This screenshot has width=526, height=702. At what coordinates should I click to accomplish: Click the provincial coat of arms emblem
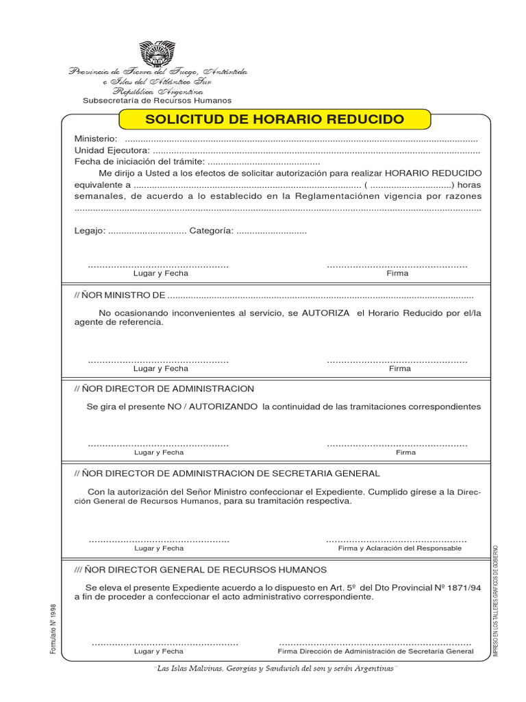tap(158, 53)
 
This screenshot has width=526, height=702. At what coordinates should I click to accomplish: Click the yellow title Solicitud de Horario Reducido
tap(275, 119)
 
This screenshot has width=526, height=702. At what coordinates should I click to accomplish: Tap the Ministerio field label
tap(95, 139)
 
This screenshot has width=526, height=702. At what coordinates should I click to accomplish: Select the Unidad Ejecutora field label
tap(111, 150)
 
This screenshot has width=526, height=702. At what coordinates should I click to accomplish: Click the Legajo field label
tap(89, 231)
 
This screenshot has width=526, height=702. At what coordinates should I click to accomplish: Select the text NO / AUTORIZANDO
tap(212, 407)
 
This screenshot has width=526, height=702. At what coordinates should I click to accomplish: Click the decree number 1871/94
tap(465, 588)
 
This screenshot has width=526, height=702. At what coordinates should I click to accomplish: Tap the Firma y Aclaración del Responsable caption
tap(400, 548)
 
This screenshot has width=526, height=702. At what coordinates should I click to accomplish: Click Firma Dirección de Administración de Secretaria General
tap(375, 652)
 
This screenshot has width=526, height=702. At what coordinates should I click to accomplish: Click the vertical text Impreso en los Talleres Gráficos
tap(496, 601)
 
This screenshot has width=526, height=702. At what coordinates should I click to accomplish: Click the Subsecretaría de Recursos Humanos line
tap(158, 100)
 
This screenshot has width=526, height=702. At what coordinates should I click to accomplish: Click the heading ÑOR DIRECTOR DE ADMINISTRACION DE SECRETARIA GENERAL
tap(226, 474)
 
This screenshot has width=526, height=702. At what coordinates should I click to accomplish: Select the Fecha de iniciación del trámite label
tap(139, 161)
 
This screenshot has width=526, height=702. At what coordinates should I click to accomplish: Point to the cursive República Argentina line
tap(158, 90)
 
